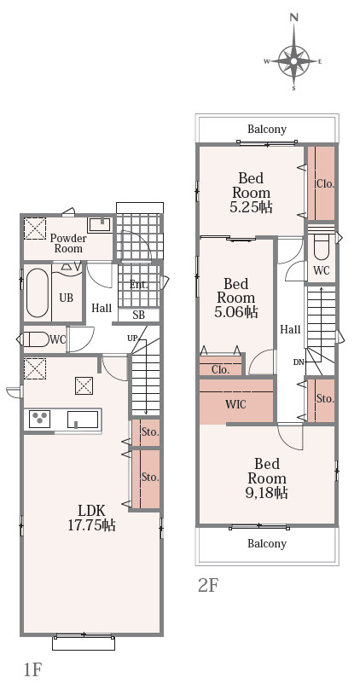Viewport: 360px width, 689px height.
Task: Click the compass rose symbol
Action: pos(293,61)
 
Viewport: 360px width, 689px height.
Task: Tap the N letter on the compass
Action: pos(294,18)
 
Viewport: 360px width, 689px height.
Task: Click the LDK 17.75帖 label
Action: pos(91,518)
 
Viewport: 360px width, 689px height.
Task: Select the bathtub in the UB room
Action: pos(38,292)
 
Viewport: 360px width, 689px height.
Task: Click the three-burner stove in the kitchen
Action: pos(39,419)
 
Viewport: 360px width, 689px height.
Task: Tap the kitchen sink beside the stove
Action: pos(83,420)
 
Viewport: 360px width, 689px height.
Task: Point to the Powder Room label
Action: pos(68,243)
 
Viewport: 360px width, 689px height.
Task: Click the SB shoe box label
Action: pos(138,316)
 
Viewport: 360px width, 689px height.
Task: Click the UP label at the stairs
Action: pos(132,338)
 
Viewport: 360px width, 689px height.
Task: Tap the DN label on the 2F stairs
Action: pos(299,362)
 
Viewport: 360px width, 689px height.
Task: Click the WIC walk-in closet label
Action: pos(235,404)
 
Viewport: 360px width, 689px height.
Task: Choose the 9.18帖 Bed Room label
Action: pos(267,478)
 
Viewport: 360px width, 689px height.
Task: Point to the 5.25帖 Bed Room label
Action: pos(252,193)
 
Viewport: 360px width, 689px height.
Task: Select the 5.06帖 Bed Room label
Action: pos(236,298)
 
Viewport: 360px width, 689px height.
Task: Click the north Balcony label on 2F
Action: pos(267,130)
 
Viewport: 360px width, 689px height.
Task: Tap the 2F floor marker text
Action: pos(208,585)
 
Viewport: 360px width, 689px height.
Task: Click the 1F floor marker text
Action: pos(32,669)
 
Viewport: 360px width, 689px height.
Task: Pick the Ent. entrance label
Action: pos(139,284)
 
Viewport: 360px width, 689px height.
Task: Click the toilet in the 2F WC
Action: pos(322,248)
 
